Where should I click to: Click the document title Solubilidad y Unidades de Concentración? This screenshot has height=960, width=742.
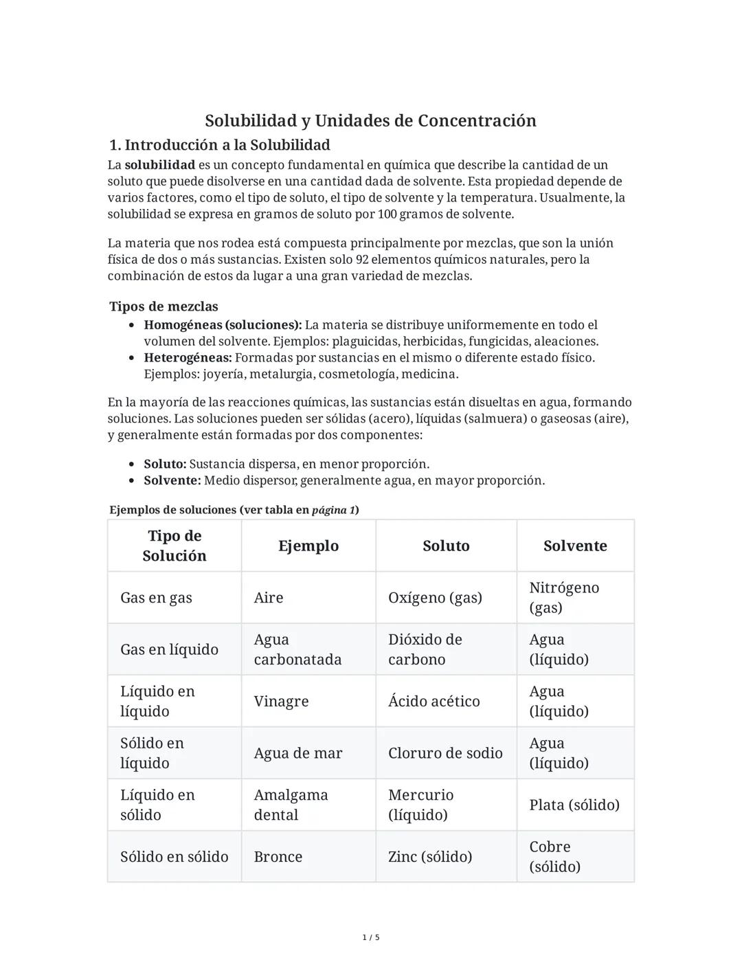coord(370,121)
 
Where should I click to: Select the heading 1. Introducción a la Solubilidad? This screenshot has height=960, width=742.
coord(220,145)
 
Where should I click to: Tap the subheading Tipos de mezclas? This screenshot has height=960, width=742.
coord(164,306)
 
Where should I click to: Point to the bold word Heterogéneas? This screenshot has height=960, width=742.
coord(187,357)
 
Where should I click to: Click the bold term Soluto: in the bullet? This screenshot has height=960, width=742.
coord(165,464)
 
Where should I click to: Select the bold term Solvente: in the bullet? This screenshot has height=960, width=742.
coord(172,480)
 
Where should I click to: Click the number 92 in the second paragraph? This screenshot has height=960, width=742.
coord(362,260)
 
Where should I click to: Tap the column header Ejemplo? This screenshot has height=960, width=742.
coord(308,546)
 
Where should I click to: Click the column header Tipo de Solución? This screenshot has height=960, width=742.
coord(174,546)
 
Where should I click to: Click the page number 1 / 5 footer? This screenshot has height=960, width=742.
coord(370,937)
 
